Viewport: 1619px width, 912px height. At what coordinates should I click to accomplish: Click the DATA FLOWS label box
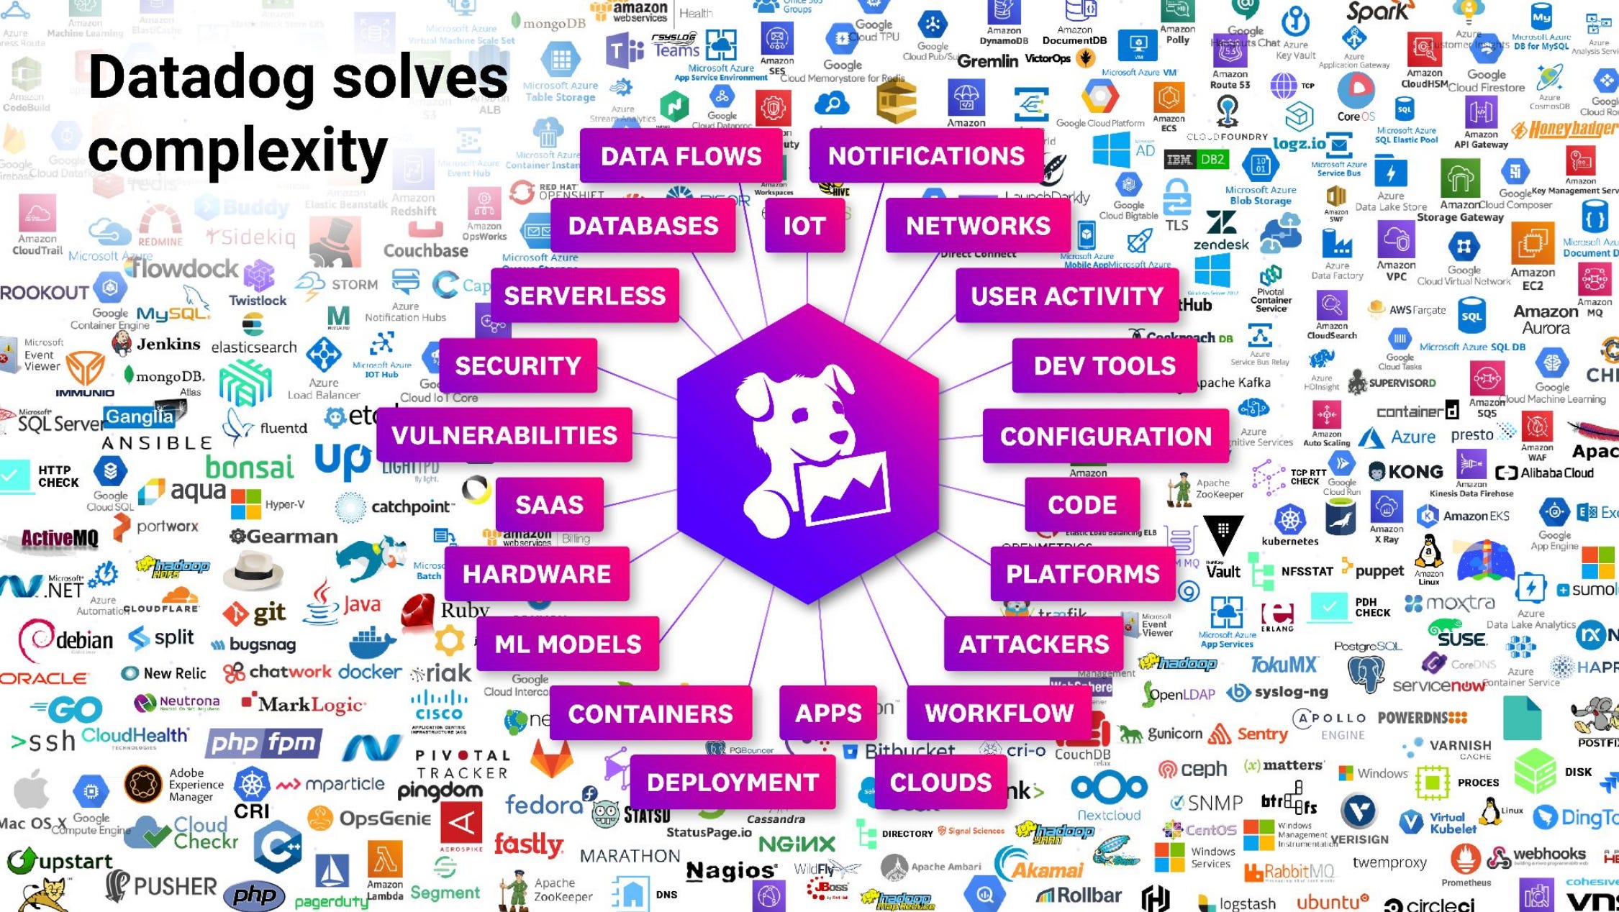pos(681,156)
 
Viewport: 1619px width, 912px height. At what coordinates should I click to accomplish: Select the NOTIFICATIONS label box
pos(926,156)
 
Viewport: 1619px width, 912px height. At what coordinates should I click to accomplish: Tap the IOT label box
pos(804,226)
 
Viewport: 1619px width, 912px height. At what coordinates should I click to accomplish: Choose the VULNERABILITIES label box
pos(504,435)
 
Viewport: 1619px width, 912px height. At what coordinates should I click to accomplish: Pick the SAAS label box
pos(549,505)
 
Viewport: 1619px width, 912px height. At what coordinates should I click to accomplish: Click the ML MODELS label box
pos(568,644)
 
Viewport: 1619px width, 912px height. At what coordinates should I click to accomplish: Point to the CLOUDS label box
pos(940,783)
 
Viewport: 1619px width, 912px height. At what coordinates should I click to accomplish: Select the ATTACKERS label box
pos(1034,644)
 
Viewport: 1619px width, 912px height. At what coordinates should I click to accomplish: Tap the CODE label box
pos(1082,505)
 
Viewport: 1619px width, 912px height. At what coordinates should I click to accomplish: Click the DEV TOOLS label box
pos(1105,365)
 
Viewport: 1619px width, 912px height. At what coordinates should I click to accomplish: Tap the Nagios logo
pos(731,871)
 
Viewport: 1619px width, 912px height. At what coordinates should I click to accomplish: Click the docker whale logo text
pos(370,672)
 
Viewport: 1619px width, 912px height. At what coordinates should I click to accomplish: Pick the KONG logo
pos(1407,472)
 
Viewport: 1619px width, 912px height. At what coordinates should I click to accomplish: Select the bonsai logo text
pos(250,468)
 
